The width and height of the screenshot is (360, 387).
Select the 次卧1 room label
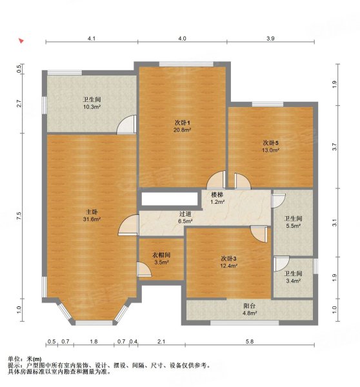pos(182,123)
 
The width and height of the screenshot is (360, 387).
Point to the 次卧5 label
pos(270,143)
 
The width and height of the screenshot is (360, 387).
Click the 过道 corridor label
pos(185,213)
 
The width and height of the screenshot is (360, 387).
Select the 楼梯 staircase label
pos(217,194)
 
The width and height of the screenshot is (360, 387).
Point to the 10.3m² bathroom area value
pos(91,108)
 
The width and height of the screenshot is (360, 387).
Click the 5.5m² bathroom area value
pos(294,226)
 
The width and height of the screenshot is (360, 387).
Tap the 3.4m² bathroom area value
pos(294,281)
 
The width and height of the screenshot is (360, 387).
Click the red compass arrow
pos(22,42)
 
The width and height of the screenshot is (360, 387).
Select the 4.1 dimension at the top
pos(91,39)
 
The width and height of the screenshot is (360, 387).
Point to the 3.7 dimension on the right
pos(334,147)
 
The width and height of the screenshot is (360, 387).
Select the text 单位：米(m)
pos(25,359)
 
